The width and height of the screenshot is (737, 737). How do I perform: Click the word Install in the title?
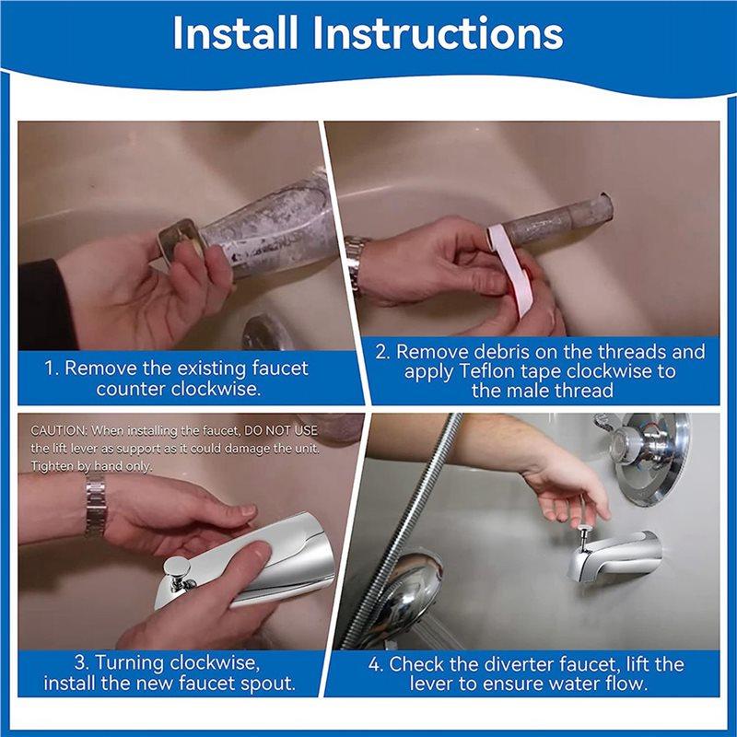coord(236,33)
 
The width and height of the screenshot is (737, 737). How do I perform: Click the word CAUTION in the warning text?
coord(59,430)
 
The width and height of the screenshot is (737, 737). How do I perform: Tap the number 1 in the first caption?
coord(50,368)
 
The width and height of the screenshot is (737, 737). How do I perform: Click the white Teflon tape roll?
coord(510,267)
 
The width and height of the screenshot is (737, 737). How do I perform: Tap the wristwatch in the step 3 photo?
coord(95,508)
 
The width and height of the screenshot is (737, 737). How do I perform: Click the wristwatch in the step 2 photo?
coord(355,263)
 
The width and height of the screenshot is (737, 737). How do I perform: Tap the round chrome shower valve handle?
coord(649,456)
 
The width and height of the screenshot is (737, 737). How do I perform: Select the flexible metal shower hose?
coord(405,516)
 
